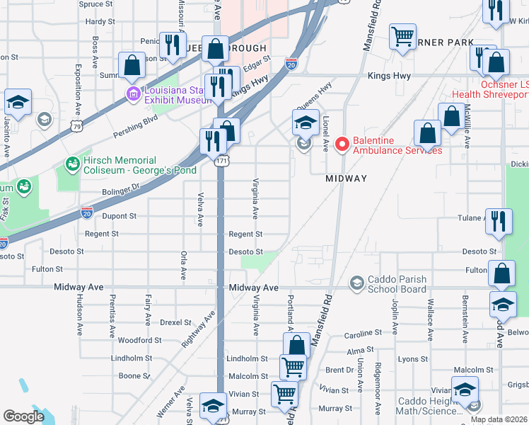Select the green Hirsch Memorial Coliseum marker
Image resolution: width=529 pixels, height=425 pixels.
click(x=72, y=165)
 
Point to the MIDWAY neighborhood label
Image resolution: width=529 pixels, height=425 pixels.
click(x=346, y=178)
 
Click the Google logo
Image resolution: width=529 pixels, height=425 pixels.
click(x=23, y=416)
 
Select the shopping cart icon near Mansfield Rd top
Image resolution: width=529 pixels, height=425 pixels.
click(x=402, y=36)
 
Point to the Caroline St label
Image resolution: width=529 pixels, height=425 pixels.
click(x=363, y=334)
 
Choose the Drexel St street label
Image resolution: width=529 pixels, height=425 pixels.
click(x=176, y=322)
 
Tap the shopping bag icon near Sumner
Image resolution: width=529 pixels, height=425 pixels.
click(x=132, y=65)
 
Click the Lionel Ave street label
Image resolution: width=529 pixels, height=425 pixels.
click(x=326, y=133)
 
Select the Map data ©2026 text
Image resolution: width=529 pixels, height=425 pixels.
click(x=499, y=419)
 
